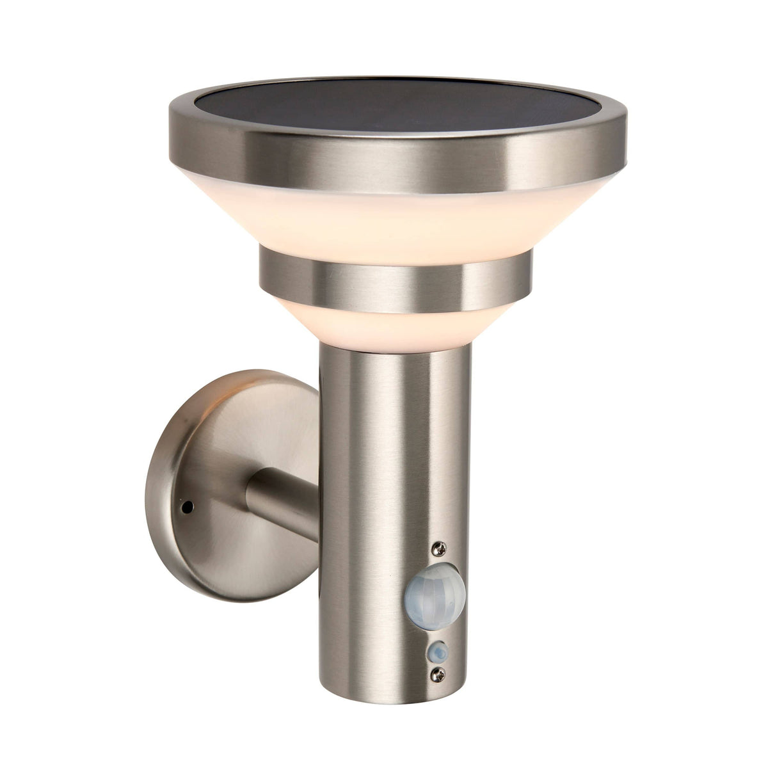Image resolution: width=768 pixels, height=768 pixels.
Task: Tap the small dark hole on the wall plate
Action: (187, 506)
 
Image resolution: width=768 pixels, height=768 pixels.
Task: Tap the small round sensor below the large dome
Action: (438, 652)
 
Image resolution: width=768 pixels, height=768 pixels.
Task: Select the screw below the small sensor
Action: (438, 673)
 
